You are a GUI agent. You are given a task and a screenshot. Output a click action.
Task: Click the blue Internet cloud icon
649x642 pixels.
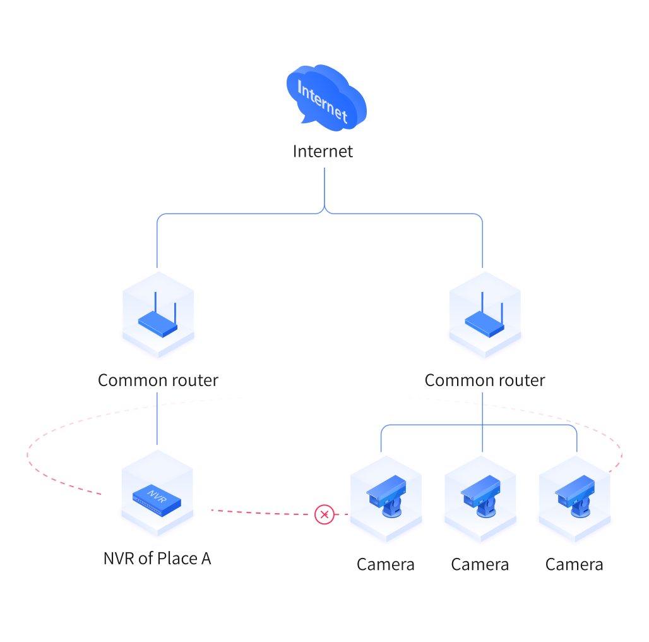[326, 98]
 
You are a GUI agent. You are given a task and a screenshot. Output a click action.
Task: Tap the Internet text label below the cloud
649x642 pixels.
[323, 152]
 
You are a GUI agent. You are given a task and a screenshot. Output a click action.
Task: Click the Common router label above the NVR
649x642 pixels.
[158, 380]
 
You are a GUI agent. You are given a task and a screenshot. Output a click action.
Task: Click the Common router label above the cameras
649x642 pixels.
[485, 380]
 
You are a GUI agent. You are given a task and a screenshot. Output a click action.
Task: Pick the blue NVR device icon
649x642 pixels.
[157, 500]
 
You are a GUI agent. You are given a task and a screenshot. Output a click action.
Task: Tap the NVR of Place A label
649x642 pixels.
[157, 559]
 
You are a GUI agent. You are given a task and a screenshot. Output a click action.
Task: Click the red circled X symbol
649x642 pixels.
[324, 514]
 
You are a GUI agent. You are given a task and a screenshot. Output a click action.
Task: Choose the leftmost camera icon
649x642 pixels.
[386, 496]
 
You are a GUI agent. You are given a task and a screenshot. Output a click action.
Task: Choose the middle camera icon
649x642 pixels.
[480, 496]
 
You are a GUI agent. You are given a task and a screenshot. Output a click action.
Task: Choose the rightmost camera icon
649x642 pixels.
[575, 496]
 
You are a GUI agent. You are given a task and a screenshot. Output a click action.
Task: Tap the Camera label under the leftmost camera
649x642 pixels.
[386, 564]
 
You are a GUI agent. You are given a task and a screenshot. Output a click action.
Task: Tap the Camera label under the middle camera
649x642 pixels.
[480, 564]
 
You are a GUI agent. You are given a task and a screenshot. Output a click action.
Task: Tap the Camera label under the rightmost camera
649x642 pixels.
[575, 564]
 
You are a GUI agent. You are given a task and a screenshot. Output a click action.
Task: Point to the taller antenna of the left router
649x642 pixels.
[156, 303]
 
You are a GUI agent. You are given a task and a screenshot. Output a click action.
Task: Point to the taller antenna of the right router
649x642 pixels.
[482, 303]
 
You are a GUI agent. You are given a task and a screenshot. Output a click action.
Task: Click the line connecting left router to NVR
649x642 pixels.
[157, 418]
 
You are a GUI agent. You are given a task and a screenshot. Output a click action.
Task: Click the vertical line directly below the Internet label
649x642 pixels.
[324, 188]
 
